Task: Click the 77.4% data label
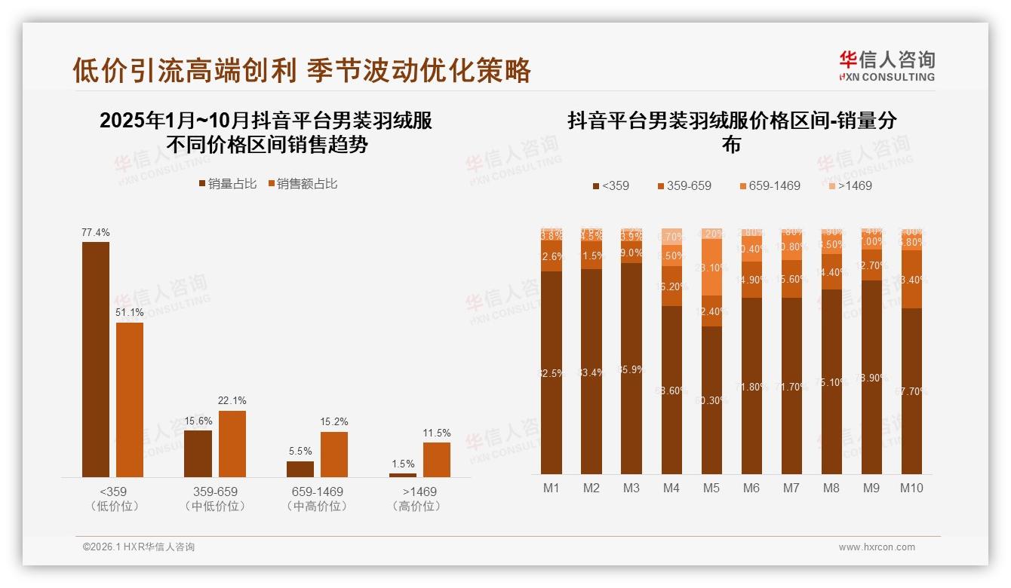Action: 96,233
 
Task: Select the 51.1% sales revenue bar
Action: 129,400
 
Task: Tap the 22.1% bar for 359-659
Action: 232,443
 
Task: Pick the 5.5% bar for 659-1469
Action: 300,469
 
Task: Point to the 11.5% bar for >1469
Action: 436,459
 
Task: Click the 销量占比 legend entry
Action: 227,184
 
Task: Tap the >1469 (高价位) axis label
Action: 416,498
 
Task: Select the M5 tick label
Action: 711,488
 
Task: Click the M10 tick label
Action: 911,488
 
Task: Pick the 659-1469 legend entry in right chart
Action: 770,185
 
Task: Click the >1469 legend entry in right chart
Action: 849,185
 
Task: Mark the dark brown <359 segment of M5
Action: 711,400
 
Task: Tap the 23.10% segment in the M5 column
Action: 711,268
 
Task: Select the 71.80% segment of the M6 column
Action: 751,386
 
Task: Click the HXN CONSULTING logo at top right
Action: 887,66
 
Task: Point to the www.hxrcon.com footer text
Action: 877,547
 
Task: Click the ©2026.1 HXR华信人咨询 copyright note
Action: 139,547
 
